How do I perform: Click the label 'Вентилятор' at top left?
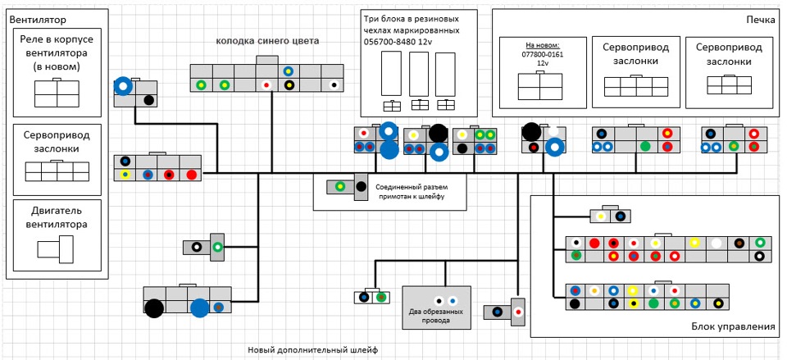(x=36, y=18)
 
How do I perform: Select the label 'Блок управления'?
(x=728, y=326)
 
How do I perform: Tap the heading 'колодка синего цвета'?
(x=267, y=40)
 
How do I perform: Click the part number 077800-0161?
(x=543, y=54)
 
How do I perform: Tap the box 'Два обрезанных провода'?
(x=436, y=308)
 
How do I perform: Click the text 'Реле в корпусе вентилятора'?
(x=57, y=53)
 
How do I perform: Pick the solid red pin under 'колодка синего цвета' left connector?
(x=191, y=175)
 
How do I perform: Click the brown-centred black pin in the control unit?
(x=739, y=243)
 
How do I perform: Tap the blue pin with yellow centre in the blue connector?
(x=289, y=71)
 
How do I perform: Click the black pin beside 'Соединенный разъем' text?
(x=361, y=188)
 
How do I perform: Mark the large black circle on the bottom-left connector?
(x=154, y=308)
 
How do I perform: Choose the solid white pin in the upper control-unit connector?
(x=717, y=243)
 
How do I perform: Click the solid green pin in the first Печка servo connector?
(x=645, y=147)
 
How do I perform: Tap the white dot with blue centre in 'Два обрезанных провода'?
(x=453, y=301)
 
